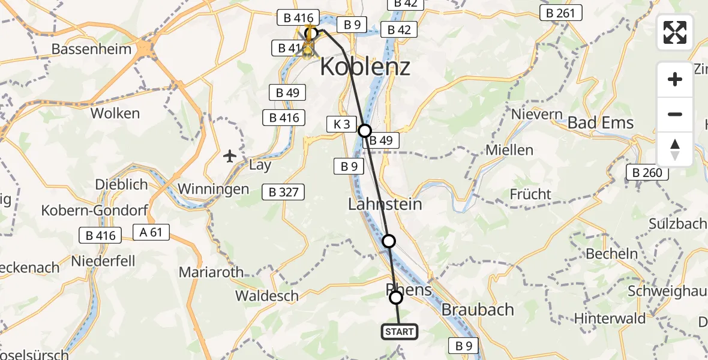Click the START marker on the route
[399, 332]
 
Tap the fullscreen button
[675, 32]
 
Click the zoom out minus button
[675, 114]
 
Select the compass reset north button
[675, 149]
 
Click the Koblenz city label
[365, 67]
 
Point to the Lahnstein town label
[385, 204]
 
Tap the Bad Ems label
[600, 123]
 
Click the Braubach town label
[478, 310]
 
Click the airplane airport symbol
[229, 157]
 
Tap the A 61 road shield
[152, 232]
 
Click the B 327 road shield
[283, 192]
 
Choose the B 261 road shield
[560, 13]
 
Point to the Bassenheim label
[92, 49]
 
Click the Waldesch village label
[267, 296]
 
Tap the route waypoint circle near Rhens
[396, 298]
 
